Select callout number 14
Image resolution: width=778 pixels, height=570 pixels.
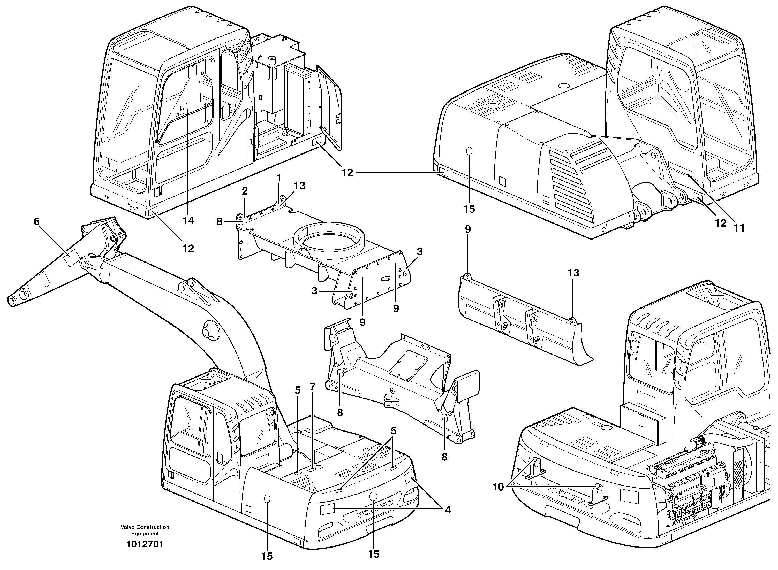[188, 220]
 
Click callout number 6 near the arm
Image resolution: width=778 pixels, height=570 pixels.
[37, 221]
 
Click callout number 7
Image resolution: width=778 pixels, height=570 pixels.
[313, 387]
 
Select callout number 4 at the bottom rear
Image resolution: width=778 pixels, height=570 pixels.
[448, 510]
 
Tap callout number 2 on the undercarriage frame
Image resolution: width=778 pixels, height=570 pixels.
[245, 191]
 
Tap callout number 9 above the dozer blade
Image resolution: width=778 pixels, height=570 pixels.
[468, 229]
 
